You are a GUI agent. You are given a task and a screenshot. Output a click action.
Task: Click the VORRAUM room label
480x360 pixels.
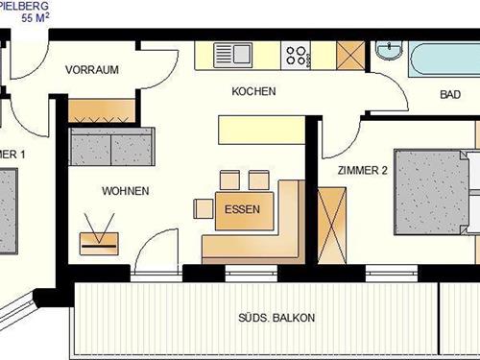click(91, 69)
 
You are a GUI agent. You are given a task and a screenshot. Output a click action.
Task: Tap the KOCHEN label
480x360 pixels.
click(253, 92)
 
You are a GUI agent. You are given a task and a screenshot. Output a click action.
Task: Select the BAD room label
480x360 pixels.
click(450, 95)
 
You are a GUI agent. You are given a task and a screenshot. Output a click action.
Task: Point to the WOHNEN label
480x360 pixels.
click(125, 191)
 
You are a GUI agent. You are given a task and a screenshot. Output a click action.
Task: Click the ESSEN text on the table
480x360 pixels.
click(237, 208)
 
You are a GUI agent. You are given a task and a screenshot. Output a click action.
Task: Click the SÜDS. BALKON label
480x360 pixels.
click(276, 318)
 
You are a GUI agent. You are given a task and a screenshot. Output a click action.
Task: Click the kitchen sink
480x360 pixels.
click(230, 55)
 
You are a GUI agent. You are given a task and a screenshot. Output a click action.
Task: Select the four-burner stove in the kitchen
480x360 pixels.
click(299, 56)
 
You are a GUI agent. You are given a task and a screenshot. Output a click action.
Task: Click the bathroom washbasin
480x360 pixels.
click(390, 51)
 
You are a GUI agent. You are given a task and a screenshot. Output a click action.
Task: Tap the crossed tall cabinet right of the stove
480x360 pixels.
click(351, 55)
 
